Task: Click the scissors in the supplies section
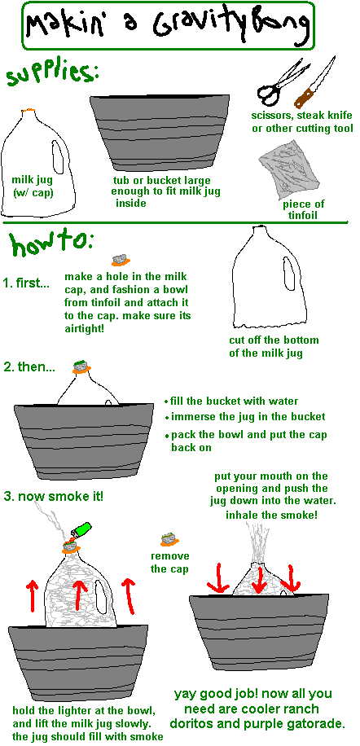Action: [x=279, y=83]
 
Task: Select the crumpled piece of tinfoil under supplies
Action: [x=288, y=168]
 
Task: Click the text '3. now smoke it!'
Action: [x=53, y=496]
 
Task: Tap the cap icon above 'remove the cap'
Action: [x=169, y=539]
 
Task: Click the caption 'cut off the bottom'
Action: [x=274, y=340]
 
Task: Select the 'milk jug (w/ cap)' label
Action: [x=32, y=186]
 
